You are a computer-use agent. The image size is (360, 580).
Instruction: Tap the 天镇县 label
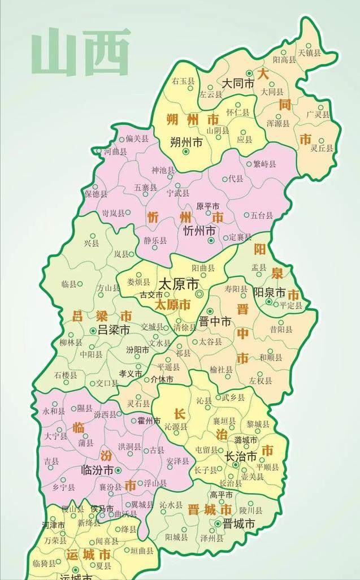click(x=309, y=53)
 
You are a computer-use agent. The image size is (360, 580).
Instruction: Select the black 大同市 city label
click(x=238, y=83)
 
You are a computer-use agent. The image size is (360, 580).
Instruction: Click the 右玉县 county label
click(x=184, y=81)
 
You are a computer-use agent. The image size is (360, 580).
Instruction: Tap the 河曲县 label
click(x=115, y=152)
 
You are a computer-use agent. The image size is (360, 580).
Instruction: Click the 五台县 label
click(x=262, y=215)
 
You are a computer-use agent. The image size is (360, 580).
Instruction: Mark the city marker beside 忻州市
click(x=211, y=240)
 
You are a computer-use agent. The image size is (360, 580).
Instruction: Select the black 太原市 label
click(x=179, y=283)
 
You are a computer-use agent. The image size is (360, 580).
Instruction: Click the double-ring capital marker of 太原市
click(x=199, y=295)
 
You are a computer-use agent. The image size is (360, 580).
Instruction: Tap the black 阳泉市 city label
click(x=269, y=292)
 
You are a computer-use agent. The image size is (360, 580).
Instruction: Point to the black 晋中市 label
click(x=215, y=321)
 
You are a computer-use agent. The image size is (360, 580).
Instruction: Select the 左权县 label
click(x=261, y=381)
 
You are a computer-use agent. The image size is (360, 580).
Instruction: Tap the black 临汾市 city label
click(x=98, y=470)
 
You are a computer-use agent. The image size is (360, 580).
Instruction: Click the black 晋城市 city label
click(x=238, y=523)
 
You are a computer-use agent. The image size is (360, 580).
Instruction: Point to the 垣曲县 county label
click(x=142, y=550)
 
